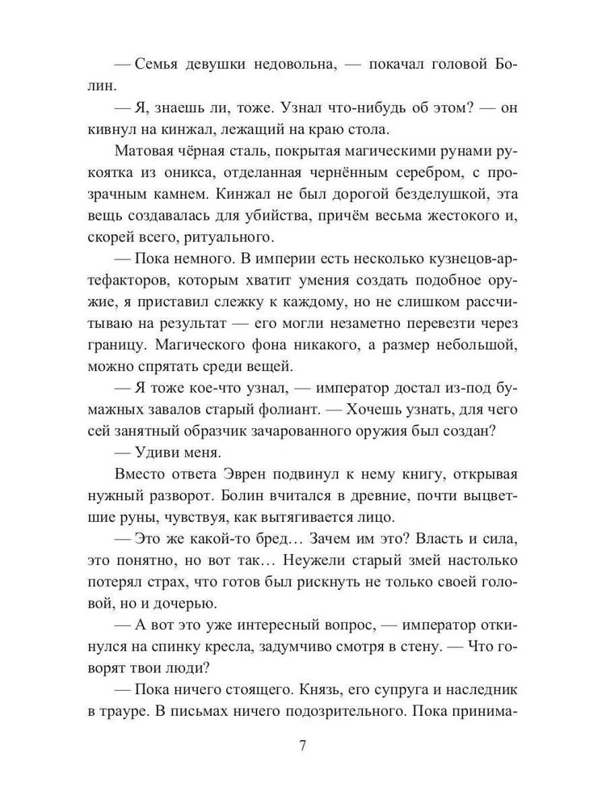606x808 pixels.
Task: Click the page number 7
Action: [302, 746]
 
